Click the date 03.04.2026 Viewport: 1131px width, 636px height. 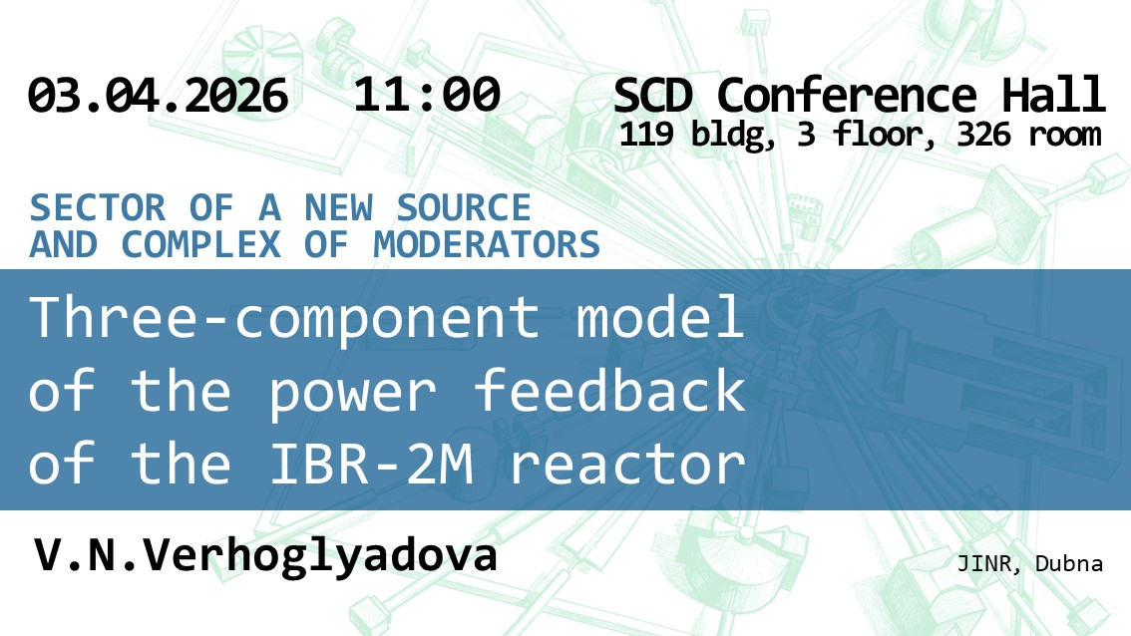coord(158,95)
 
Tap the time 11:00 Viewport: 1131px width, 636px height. coord(427,95)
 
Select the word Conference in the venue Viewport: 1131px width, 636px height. coord(847,95)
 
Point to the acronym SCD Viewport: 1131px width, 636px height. coord(653,95)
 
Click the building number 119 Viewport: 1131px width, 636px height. coord(646,135)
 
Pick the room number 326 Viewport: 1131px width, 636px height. coord(983,135)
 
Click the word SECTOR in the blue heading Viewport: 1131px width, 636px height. coord(98,208)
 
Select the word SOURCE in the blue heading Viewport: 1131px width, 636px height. coord(464,208)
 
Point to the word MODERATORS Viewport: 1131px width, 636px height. coord(487,244)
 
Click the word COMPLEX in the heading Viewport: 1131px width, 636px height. coord(200,244)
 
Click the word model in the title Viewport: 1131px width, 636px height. coord(659,317)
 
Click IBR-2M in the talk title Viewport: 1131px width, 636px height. coord(371,464)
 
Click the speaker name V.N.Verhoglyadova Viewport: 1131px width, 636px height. coord(265,556)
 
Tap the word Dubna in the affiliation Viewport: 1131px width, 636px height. coord(1069,564)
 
